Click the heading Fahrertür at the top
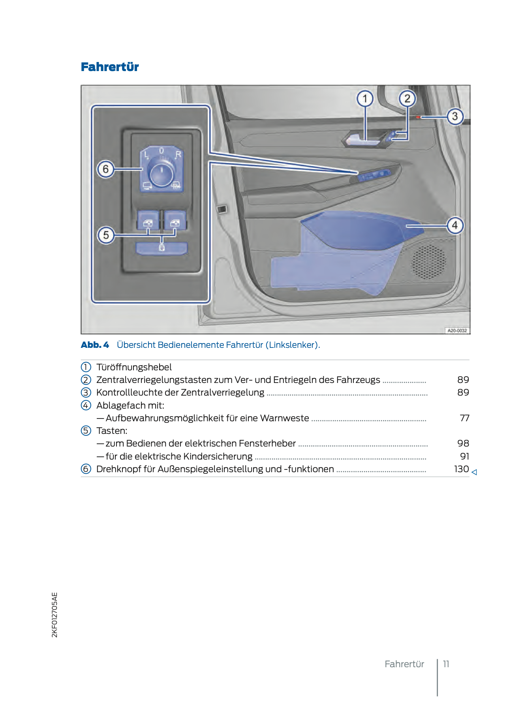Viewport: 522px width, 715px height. point(110,67)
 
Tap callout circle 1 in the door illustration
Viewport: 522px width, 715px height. point(365,99)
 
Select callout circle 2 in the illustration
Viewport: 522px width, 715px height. point(407,99)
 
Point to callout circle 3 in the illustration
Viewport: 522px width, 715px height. point(455,116)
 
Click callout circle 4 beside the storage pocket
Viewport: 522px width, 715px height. point(455,225)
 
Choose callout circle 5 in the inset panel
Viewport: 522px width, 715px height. point(106,235)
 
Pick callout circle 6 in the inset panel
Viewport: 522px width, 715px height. point(106,169)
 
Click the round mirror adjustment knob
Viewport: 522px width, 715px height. point(161,173)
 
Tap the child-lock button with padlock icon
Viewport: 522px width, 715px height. point(161,248)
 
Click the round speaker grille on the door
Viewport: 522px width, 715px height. point(429,262)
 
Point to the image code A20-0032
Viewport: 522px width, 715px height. point(457,330)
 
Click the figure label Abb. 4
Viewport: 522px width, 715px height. point(95,345)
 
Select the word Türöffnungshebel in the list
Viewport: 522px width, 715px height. point(134,367)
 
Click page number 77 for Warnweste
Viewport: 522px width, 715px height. point(464,418)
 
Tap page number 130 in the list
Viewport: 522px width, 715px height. point(461,469)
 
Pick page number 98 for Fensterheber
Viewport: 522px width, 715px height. point(463,443)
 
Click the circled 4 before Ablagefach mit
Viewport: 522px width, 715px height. point(86,405)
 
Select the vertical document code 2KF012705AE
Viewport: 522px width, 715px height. point(54,615)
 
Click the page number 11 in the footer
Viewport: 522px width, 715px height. point(446,664)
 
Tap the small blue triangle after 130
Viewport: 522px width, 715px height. point(474,472)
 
